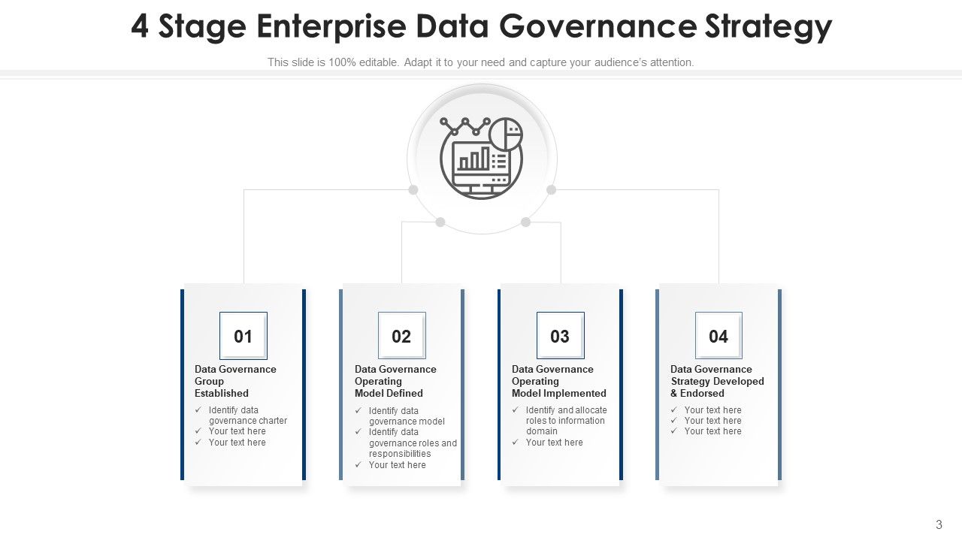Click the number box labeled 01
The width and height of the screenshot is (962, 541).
pos(243,336)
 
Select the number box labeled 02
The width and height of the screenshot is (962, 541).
pos(401,335)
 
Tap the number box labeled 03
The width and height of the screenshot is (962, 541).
pos(561,335)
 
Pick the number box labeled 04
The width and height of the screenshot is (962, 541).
pos(718,335)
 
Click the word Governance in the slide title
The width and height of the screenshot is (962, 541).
pos(597,26)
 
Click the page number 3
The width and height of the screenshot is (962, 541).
pos(939,524)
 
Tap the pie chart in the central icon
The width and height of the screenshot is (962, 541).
pos(506,134)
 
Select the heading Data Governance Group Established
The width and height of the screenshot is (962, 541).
pos(235,381)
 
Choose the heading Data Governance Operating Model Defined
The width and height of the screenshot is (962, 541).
pos(395,381)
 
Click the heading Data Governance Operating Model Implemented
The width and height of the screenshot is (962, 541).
pos(558,381)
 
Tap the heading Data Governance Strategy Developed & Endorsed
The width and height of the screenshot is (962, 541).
pos(717,381)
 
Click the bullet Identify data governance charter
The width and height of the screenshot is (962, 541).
pos(248,416)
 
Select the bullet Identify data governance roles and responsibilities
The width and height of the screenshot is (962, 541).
pos(413,443)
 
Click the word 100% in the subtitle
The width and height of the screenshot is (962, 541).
pos(342,62)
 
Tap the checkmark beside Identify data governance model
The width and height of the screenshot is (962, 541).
pos(358,410)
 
